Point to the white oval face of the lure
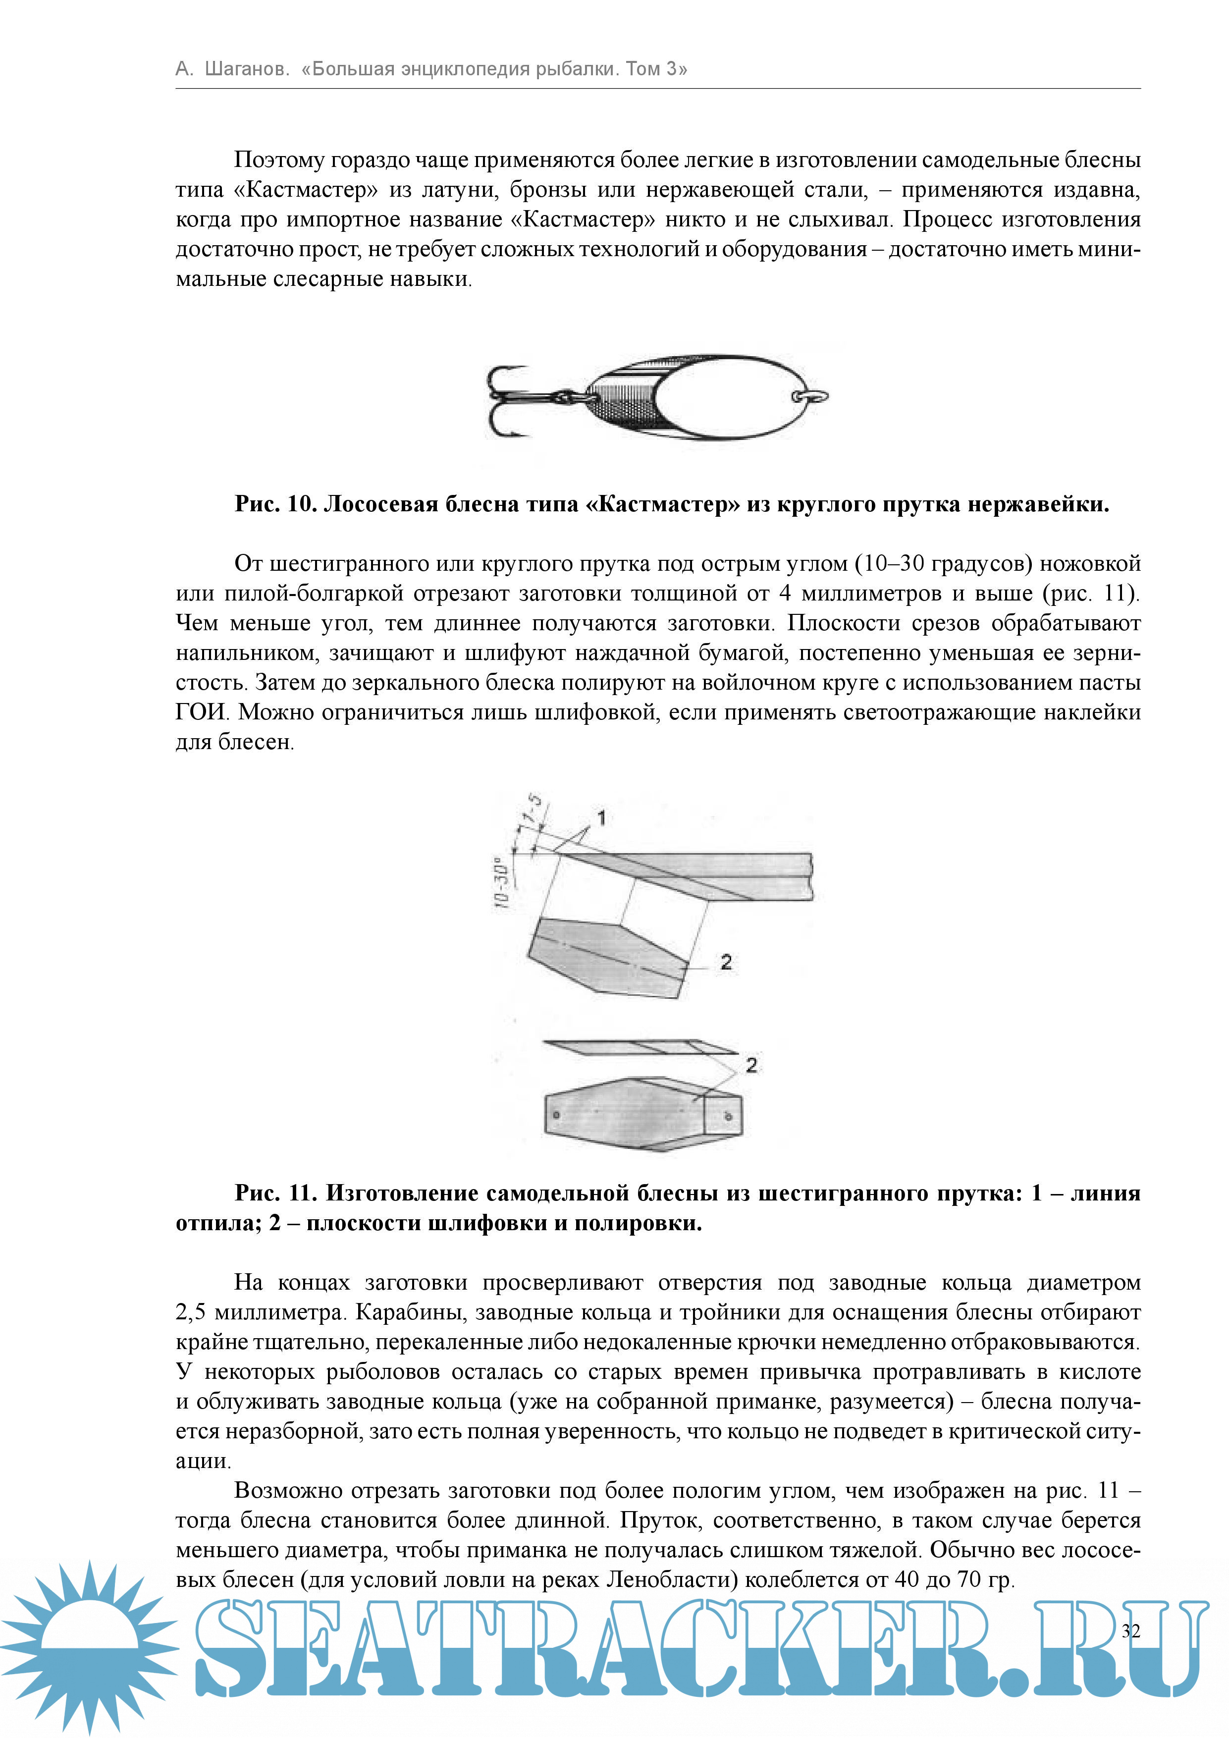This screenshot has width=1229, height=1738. pyautogui.click(x=727, y=397)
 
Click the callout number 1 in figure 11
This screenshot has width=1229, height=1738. pyautogui.click(x=602, y=817)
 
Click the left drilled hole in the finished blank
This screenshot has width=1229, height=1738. pyautogui.click(x=556, y=1115)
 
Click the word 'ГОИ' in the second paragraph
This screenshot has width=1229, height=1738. pyautogui.click(x=201, y=712)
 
